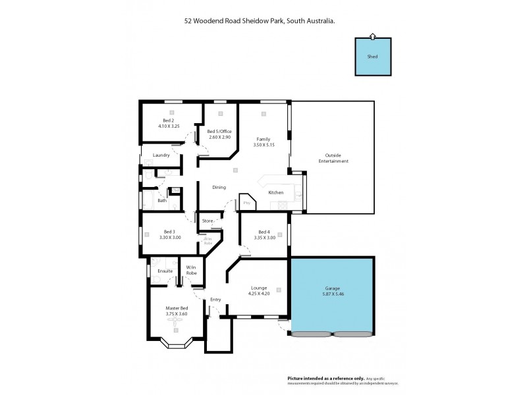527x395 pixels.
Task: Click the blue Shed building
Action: coord(372,57)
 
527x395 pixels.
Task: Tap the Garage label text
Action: coord(332,288)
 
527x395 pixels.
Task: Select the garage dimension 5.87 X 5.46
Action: coord(332,294)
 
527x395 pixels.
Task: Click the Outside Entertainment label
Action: coord(333,158)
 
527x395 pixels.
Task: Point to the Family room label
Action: coord(263,139)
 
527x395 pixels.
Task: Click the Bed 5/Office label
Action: coord(219,131)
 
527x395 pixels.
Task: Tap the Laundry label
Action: coord(161,155)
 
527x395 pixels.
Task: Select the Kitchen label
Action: coord(275,192)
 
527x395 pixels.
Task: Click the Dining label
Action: coord(219,187)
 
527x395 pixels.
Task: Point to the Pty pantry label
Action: coord(247,203)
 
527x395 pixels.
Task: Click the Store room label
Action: coord(208,221)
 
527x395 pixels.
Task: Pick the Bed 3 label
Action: coord(169,231)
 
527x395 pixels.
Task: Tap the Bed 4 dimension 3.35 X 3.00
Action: coord(264,237)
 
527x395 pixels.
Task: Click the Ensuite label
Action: coord(165,271)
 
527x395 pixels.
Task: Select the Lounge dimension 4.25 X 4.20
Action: coord(258,294)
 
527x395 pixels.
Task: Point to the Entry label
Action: coord(215,300)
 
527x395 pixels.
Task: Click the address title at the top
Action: coord(259,21)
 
